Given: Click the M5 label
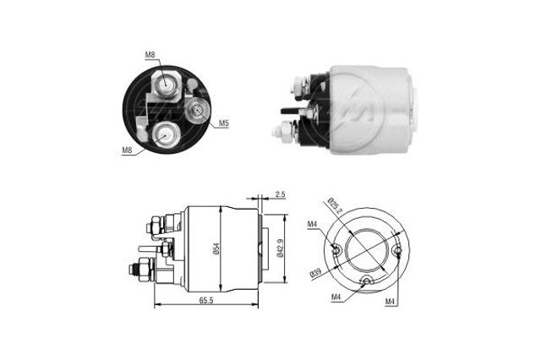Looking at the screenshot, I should pos(224,123).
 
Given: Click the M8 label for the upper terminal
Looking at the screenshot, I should pos(150,55).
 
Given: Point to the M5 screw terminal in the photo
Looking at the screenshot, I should pos(198,110).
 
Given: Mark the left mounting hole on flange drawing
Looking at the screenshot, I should pos(336,248).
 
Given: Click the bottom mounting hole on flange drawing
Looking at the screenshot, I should pos(366,282).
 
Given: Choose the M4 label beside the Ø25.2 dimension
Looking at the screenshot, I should pos(312,224).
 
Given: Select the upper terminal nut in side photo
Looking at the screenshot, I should pos(299,85).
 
